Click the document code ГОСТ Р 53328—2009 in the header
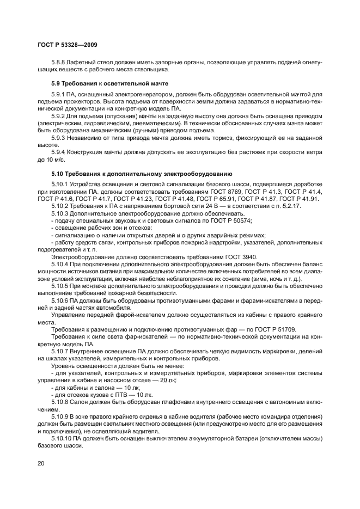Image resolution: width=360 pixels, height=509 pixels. click(68, 45)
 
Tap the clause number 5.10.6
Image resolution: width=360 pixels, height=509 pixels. click(62, 300)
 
